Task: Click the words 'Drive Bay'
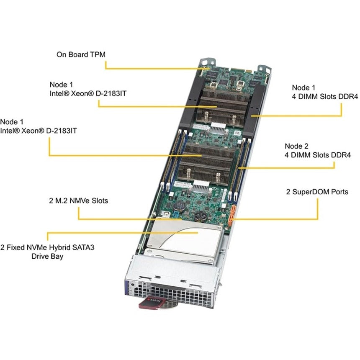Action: point(47,256)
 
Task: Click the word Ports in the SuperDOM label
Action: point(338,192)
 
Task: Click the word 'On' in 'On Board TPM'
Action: point(61,54)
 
